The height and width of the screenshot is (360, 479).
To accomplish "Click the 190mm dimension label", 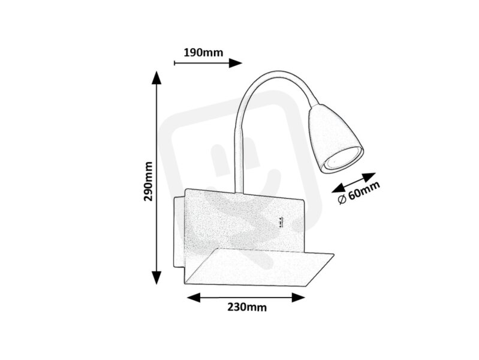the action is [203, 53].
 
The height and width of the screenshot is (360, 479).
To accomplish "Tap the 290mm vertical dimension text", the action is [148, 181].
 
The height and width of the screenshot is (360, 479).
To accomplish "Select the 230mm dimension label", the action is [247, 307].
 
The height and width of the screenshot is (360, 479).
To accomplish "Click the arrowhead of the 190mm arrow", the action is [236, 64].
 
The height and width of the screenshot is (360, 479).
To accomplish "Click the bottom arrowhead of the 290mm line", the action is [156, 278].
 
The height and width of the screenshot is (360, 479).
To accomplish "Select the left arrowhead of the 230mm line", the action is [194, 297].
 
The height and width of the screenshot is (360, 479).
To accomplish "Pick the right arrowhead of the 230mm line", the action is [299, 297].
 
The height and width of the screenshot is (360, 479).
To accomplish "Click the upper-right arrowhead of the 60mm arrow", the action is [369, 177].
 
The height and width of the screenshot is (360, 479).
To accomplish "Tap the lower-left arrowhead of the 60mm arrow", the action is [339, 188].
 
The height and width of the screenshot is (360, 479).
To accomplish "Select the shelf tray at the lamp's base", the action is [259, 267].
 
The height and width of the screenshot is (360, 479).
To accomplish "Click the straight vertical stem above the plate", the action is [239, 161].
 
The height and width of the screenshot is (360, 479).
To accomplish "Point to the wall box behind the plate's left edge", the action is [179, 232].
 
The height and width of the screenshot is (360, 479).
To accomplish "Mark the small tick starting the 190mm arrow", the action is [174, 64].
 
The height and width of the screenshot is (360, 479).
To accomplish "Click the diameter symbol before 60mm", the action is [342, 200].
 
